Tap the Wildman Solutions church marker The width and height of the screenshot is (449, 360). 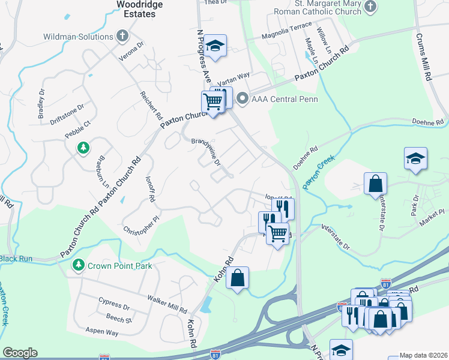(123, 36)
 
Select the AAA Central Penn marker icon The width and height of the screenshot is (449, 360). (243, 98)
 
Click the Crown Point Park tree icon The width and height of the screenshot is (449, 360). (78, 265)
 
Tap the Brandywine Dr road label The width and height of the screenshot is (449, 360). (206, 152)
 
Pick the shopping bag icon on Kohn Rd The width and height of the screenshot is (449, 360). (238, 278)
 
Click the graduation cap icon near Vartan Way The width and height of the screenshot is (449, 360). (214, 46)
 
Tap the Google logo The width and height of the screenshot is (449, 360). (20, 353)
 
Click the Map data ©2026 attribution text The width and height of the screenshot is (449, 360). (423, 355)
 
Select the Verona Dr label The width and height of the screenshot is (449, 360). (133, 50)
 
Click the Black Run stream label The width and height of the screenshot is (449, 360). (15, 259)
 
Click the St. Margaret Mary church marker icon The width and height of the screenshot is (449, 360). (370, 7)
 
